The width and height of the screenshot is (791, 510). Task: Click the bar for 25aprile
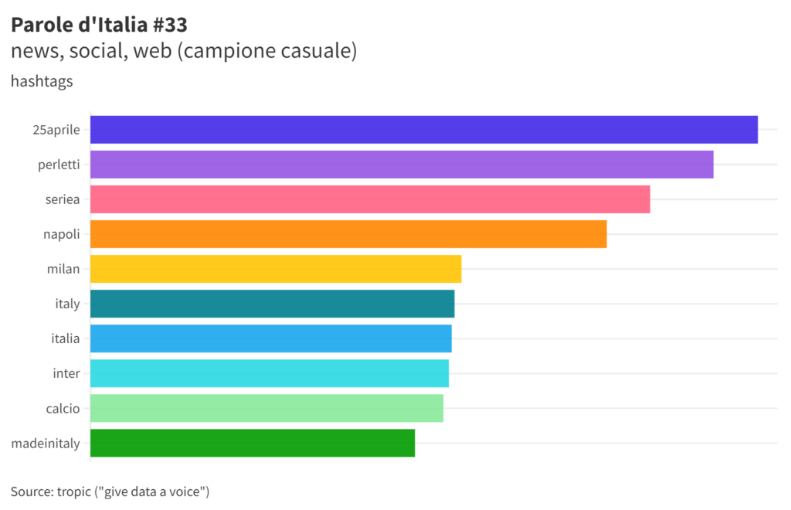point(423,130)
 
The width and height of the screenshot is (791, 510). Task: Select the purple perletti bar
point(402,165)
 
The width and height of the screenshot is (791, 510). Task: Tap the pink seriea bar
point(370,199)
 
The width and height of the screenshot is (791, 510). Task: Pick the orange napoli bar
point(348,234)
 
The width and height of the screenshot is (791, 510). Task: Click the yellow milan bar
point(276,269)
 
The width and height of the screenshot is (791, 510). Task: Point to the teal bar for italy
point(272,304)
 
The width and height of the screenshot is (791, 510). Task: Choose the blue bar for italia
point(270,338)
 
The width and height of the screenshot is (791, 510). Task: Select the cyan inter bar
point(269,373)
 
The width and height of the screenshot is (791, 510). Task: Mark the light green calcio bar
point(266,408)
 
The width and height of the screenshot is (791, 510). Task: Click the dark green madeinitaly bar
point(253,443)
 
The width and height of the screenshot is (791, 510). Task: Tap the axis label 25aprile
point(56,130)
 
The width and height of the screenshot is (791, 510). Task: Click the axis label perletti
point(59,165)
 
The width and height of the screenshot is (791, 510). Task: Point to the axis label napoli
point(62,234)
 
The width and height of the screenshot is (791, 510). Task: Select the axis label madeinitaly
point(46,443)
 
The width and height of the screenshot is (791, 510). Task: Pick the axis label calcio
point(63,408)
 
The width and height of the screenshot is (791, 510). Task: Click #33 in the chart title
point(169,25)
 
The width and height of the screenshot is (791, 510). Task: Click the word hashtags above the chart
point(42,81)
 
